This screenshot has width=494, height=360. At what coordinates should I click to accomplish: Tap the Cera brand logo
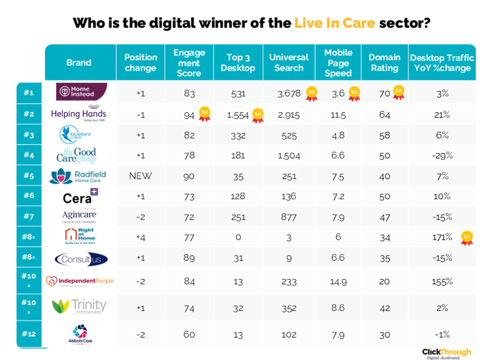pyautogui.click(x=80, y=197)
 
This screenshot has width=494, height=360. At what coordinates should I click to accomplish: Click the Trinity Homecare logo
pyautogui.click(x=79, y=306)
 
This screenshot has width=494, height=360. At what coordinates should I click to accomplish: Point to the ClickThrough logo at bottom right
pyautogui.click(x=446, y=353)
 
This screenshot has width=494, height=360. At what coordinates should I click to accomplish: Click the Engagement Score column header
pyautogui.click(x=189, y=63)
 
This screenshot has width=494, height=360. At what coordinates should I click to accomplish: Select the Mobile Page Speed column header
pyautogui.click(x=338, y=63)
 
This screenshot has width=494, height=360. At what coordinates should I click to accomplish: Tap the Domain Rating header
pyautogui.click(x=384, y=63)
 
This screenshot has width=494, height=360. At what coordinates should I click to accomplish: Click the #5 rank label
pyautogui.click(x=29, y=176)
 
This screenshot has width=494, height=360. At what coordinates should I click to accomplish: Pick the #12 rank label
pyautogui.click(x=29, y=334)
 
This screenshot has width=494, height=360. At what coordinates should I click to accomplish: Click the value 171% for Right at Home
pyautogui.click(x=442, y=237)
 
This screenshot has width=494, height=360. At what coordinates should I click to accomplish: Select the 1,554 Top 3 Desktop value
pyautogui.click(x=239, y=115)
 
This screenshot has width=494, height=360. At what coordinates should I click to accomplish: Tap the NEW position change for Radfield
pyautogui.click(x=140, y=176)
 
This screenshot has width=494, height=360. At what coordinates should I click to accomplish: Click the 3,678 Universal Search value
pyautogui.click(x=288, y=93)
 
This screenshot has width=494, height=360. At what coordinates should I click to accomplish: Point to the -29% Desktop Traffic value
pyautogui.click(x=442, y=155)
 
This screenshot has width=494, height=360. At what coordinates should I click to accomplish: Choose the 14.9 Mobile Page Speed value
pyautogui.click(x=338, y=282)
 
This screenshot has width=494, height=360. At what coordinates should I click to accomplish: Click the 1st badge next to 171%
pyautogui.click(x=467, y=238)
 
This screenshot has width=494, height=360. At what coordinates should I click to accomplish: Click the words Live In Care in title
pyautogui.click(x=335, y=23)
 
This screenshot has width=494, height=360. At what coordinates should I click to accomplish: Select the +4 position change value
pyautogui.click(x=140, y=237)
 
